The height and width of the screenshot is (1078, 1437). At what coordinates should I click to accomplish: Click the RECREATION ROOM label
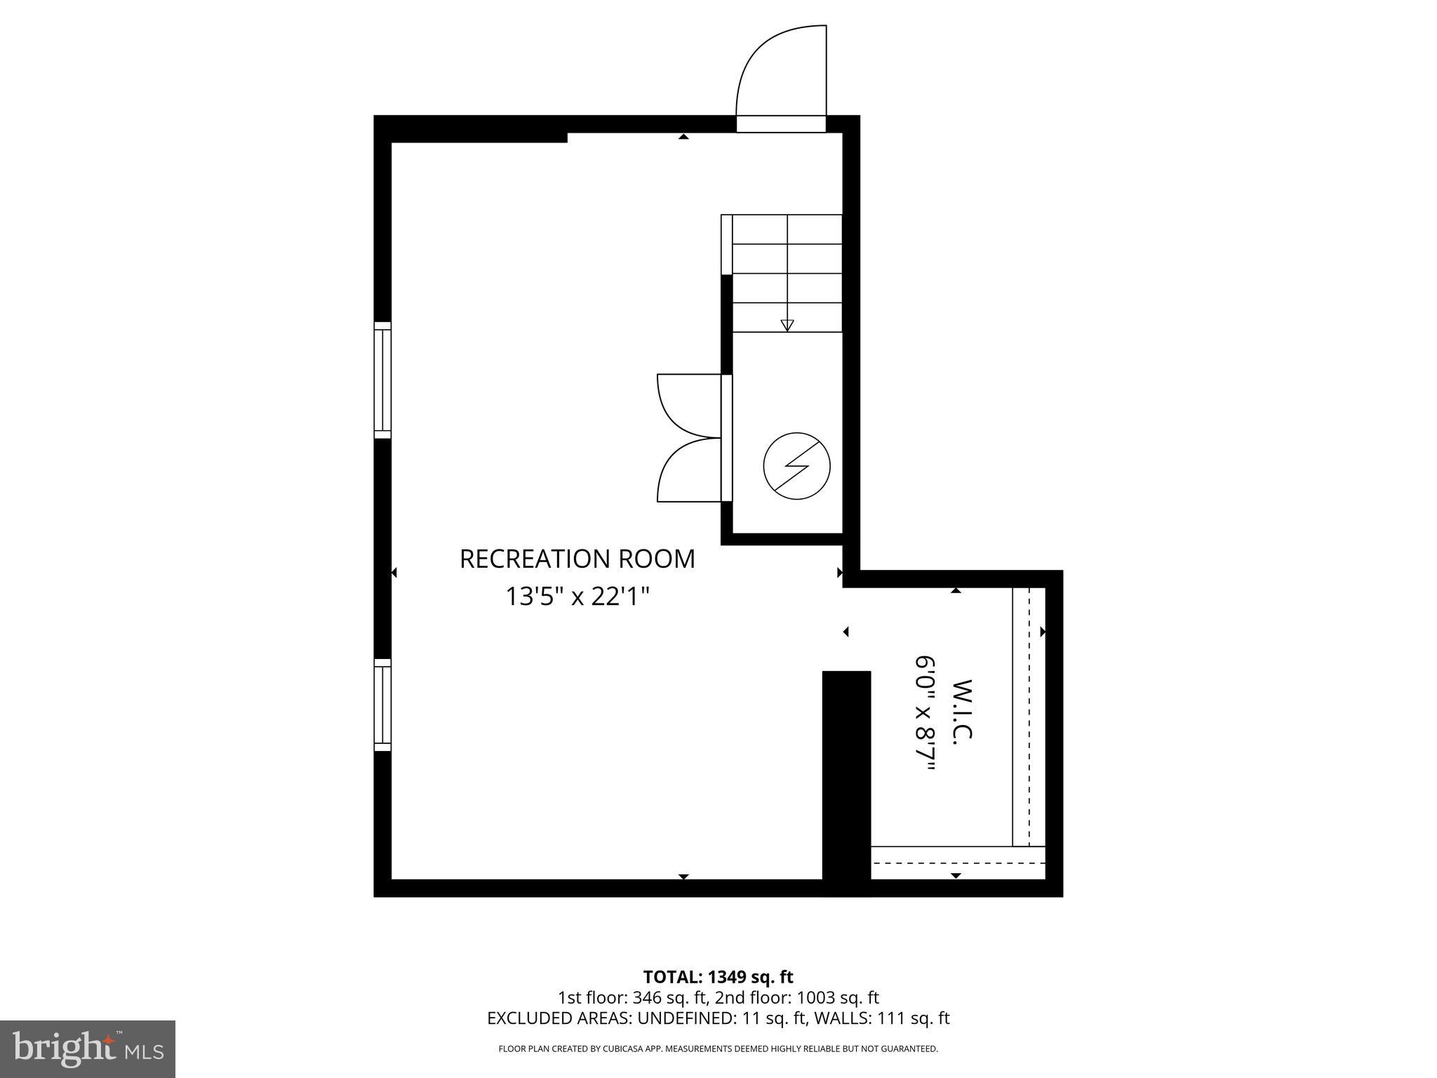pos(577,559)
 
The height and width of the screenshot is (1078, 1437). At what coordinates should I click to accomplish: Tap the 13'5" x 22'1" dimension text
pos(577,597)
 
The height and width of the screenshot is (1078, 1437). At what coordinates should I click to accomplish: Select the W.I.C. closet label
pos(963,710)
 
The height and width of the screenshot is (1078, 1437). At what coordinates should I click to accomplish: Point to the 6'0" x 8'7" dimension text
pos(925,713)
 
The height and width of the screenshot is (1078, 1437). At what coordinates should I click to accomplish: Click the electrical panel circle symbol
pos(796,466)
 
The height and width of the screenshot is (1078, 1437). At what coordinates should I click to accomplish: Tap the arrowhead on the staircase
pos(787,325)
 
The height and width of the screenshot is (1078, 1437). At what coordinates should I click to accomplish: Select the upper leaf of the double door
pos(688,405)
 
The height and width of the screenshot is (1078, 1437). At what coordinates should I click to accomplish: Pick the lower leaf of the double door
pos(688,470)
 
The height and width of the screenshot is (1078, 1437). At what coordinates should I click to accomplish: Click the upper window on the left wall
pos(382,380)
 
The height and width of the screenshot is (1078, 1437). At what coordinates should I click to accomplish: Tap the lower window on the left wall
pos(382,705)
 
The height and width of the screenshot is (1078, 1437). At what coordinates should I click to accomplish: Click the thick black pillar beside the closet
pos(846,779)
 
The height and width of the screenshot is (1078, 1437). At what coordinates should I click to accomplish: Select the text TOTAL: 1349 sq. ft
pos(718,977)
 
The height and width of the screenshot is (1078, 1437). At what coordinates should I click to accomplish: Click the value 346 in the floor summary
pos(646,997)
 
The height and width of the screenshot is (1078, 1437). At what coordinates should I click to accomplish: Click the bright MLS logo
pos(87,1049)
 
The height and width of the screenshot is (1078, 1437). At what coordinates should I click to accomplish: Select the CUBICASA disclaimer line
pos(718,1049)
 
